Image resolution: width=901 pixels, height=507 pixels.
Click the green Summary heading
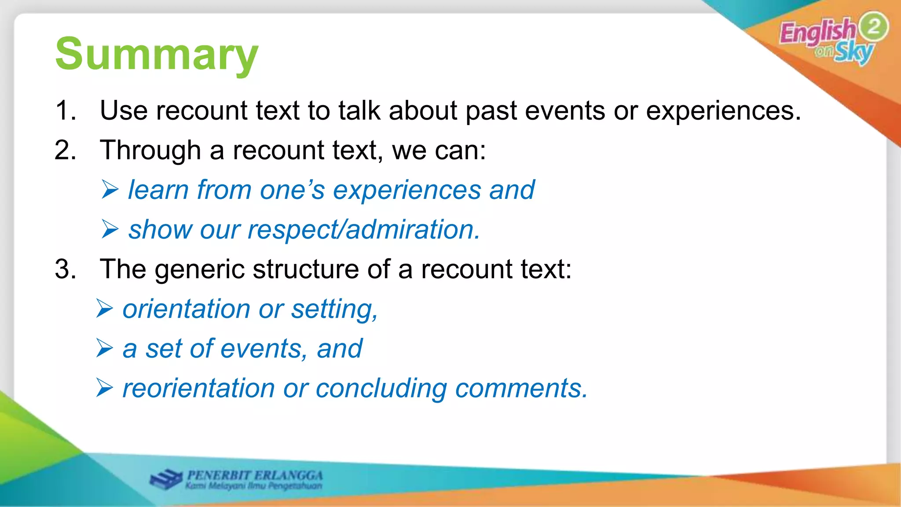click(x=157, y=55)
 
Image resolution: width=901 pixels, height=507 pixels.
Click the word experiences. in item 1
click(x=723, y=111)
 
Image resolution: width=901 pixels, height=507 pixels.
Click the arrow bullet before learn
click(x=110, y=190)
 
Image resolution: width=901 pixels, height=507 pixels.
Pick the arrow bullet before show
click(x=110, y=229)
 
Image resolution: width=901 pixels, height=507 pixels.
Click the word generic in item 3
click(x=199, y=269)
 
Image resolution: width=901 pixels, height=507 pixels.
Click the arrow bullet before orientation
click(x=105, y=309)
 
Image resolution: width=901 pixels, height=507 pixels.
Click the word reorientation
click(x=198, y=389)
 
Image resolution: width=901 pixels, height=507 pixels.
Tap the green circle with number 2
click(x=873, y=26)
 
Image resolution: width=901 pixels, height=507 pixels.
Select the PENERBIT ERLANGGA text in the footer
click(x=255, y=475)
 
